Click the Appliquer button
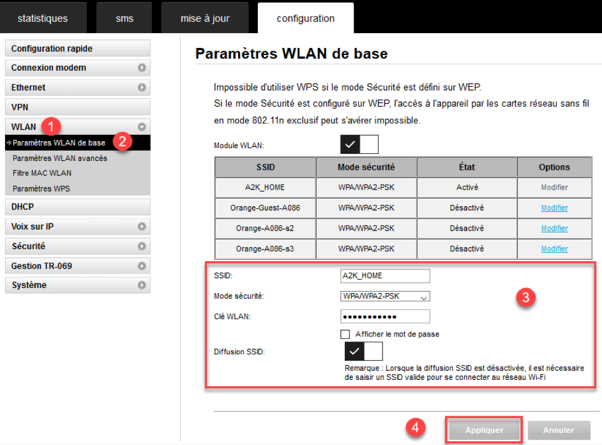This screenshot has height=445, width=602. click(x=484, y=430)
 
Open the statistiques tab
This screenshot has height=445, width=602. click(x=43, y=18)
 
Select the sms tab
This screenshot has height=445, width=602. click(x=124, y=18)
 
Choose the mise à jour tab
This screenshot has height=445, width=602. click(x=205, y=18)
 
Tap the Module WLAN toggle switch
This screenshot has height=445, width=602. click(x=359, y=144)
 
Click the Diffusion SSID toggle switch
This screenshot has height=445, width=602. click(x=364, y=351)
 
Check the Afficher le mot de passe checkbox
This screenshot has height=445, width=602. click(x=345, y=335)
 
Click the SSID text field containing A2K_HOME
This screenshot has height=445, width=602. click(x=385, y=276)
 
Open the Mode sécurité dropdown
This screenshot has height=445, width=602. click(x=385, y=296)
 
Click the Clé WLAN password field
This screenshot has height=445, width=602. click(x=385, y=317)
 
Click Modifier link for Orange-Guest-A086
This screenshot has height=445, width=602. click(x=554, y=207)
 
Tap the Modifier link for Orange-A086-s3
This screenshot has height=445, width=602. click(x=554, y=249)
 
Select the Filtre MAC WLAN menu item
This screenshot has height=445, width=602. click(x=42, y=173)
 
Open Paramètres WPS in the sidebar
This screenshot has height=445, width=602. click(x=41, y=188)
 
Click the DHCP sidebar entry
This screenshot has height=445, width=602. click(x=77, y=207)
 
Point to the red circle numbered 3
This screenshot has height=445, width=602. click(x=525, y=297)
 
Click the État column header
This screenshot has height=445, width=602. click(x=467, y=167)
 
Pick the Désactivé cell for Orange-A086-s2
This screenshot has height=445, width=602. click(x=467, y=228)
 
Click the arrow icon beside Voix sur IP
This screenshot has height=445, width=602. click(x=142, y=227)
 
